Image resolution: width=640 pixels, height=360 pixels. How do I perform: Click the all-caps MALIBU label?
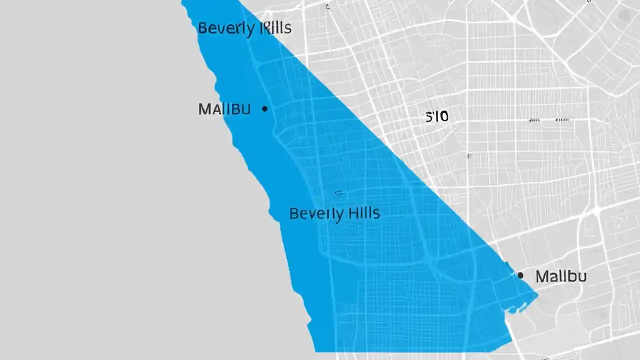click(x=224, y=109)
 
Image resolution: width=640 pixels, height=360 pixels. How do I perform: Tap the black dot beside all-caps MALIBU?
click(x=264, y=108)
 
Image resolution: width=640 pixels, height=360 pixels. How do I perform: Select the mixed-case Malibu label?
click(x=561, y=276)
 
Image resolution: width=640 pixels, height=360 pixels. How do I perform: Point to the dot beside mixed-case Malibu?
click(x=520, y=275)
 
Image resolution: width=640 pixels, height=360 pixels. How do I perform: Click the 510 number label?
click(x=437, y=117)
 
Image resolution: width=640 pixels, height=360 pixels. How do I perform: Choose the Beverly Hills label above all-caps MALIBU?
click(x=244, y=28)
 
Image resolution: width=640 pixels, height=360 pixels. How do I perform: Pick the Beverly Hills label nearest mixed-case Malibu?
click(x=334, y=214)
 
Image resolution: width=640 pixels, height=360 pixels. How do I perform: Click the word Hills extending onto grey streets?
click(x=274, y=28)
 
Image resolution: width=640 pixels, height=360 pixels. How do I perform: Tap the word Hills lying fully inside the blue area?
click(x=364, y=213)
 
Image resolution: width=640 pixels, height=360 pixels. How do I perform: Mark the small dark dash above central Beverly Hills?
click(x=338, y=192)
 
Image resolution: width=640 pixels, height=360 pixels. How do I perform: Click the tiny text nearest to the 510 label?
click(x=534, y=120)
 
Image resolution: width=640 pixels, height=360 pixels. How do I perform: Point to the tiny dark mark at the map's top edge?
click(x=328, y=7)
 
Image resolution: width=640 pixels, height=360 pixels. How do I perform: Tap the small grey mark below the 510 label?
click(x=468, y=156)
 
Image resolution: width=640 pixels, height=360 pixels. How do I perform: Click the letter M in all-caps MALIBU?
click(x=204, y=109)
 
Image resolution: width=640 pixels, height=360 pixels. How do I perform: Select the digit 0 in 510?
click(x=444, y=117)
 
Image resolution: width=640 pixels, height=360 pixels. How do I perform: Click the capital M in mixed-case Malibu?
click(x=541, y=276)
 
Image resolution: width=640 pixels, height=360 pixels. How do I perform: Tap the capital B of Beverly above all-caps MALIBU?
click(x=202, y=28)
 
